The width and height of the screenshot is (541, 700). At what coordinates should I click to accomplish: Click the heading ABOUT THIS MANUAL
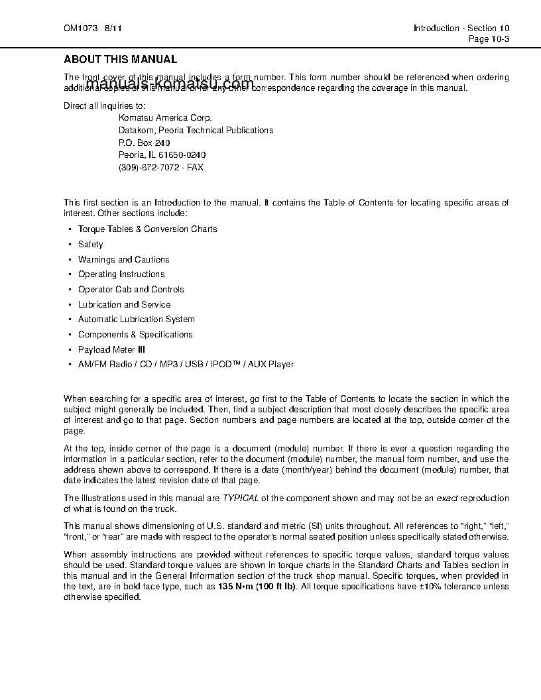pyautogui.click(x=120, y=60)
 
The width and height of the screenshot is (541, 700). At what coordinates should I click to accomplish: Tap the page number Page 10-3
pyautogui.click(x=489, y=39)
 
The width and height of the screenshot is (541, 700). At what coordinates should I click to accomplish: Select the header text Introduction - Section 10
pyautogui.click(x=461, y=29)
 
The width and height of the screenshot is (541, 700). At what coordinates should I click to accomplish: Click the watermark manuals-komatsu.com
pyautogui.click(x=170, y=84)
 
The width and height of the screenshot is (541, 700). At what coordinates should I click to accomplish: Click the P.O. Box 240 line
pyautogui.click(x=144, y=143)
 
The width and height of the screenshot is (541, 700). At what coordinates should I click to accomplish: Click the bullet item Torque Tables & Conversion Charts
pyautogui.click(x=147, y=229)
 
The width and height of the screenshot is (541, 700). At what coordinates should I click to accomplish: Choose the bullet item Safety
pyautogui.click(x=91, y=245)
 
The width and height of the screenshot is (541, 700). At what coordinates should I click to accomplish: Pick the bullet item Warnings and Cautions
pyautogui.click(x=123, y=260)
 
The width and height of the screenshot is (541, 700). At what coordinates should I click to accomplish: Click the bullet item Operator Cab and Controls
pyautogui.click(x=131, y=290)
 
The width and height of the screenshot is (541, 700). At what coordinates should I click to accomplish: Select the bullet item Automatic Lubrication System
pyautogui.click(x=137, y=320)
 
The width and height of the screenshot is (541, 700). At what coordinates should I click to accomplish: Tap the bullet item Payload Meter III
pyautogui.click(x=111, y=349)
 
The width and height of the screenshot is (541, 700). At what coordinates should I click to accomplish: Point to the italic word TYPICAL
pyautogui.click(x=240, y=498)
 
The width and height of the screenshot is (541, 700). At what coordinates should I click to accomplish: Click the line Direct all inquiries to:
pyautogui.click(x=104, y=106)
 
